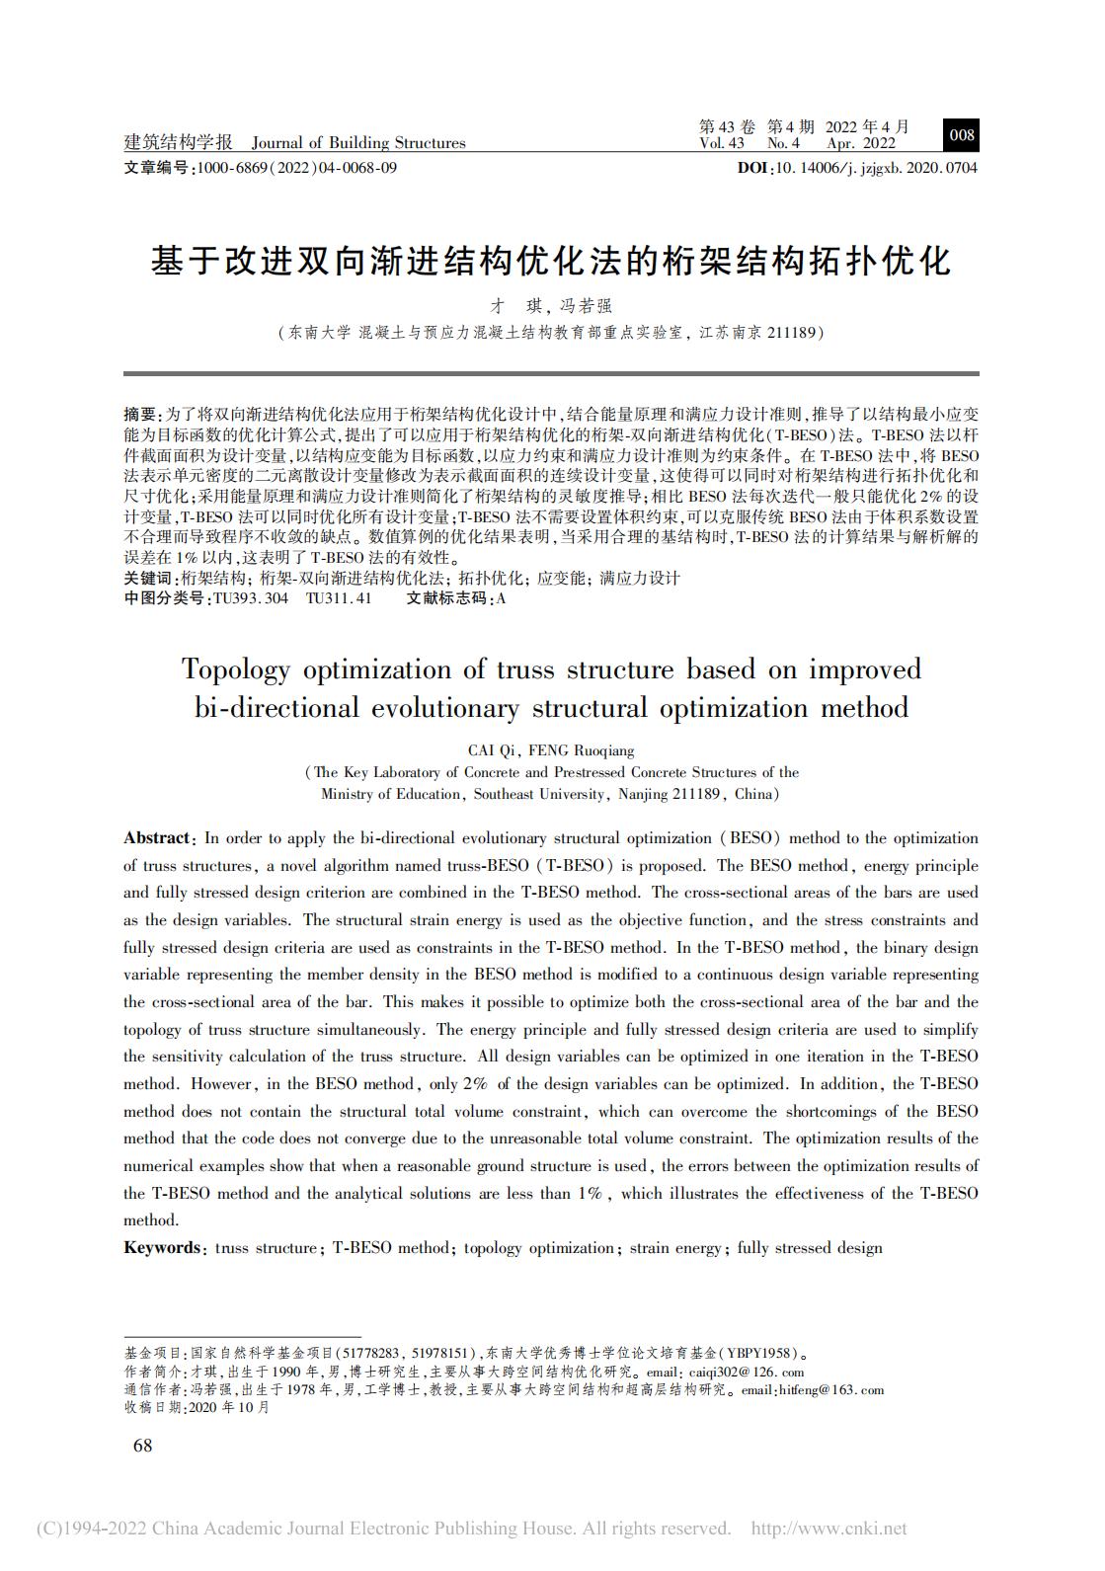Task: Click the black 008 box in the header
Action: pos(961,135)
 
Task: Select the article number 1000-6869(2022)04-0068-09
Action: pos(297,168)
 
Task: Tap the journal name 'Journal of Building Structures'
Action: pos(357,143)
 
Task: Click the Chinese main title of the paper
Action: pos(551,261)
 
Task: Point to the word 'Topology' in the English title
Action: pos(235,669)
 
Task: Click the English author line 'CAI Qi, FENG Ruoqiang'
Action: pos(551,750)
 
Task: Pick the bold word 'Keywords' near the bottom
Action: pos(161,1247)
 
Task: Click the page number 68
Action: pos(142,1446)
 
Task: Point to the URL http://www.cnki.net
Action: pos(829,1529)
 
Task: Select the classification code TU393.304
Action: pos(251,597)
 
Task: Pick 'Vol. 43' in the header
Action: pos(721,143)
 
